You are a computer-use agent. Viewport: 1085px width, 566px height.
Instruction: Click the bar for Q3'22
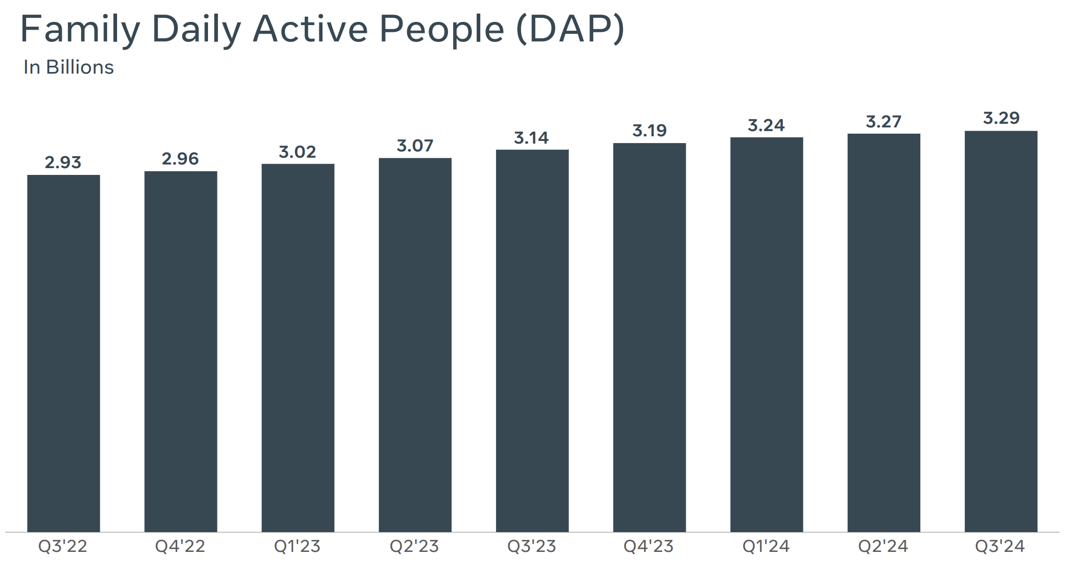point(63,353)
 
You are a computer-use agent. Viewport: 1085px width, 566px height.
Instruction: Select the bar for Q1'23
point(298,348)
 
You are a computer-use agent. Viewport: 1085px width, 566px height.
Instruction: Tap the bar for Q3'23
point(532,340)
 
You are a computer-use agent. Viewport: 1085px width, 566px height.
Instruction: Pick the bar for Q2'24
point(884,333)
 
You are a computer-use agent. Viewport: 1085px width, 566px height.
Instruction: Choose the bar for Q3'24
point(1001,331)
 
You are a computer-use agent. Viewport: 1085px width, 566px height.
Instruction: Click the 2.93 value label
point(63,162)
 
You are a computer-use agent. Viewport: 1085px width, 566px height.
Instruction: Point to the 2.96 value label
point(180,159)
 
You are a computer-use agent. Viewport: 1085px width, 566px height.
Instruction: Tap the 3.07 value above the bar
point(415,146)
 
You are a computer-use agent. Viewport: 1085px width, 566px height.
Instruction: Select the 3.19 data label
point(650,131)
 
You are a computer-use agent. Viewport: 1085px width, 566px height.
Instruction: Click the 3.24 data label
point(766,125)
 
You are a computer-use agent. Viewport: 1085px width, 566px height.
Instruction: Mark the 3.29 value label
point(1001,118)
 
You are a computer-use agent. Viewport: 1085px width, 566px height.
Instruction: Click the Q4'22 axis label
point(180,546)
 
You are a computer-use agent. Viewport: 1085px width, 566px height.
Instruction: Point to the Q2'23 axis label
point(414,546)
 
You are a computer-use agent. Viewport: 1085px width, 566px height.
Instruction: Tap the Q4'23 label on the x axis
point(649,546)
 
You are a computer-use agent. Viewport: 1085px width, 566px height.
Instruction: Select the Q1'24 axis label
point(766,546)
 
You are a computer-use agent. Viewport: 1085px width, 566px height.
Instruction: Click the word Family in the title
point(80,29)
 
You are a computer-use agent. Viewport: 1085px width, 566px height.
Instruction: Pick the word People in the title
point(442,29)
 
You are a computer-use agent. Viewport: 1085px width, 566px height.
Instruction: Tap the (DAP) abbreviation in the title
point(570,29)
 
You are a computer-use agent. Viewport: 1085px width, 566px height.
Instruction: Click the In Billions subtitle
point(68,67)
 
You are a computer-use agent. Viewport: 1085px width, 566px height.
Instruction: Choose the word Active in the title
point(310,29)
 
